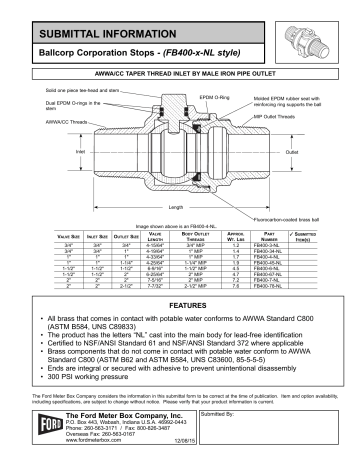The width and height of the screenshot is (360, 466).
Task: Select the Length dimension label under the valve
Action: click(x=178, y=206)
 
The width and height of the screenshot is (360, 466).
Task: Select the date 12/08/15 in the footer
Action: click(x=156, y=458)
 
